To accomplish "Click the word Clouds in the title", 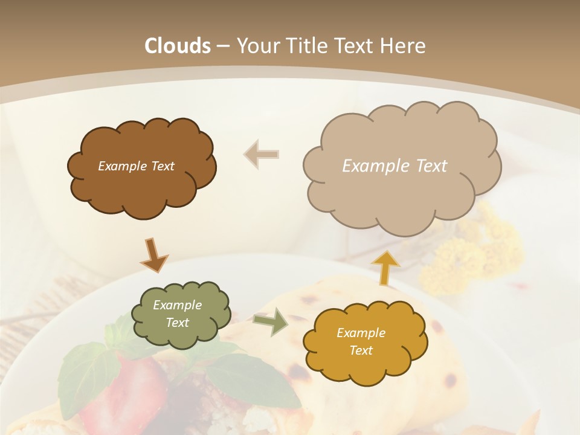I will pyautogui.click(x=178, y=46).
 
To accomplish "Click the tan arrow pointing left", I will pyautogui.click(x=262, y=155).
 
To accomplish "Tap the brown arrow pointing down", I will pyautogui.click(x=153, y=254).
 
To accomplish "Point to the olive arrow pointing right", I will pyautogui.click(x=271, y=322).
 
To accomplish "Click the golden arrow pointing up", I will pyautogui.click(x=385, y=267).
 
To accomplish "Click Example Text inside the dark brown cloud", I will pyautogui.click(x=136, y=166).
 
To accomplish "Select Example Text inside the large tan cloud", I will pyautogui.click(x=395, y=166).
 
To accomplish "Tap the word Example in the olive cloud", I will pyautogui.click(x=177, y=305).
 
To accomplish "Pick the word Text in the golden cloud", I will pyautogui.click(x=361, y=350).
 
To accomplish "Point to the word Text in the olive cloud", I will pyautogui.click(x=177, y=323).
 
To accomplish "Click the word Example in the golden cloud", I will pyautogui.click(x=361, y=333).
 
